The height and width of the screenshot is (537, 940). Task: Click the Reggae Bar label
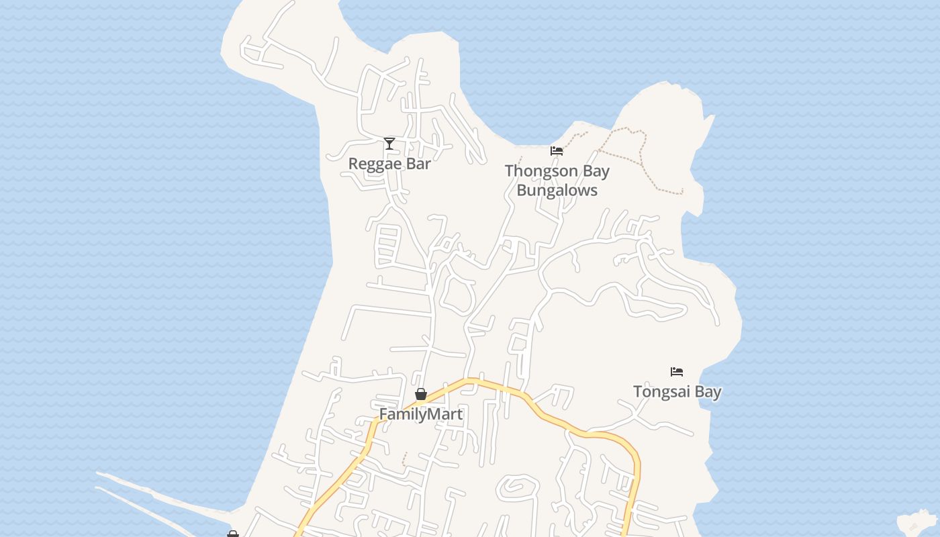(389, 164)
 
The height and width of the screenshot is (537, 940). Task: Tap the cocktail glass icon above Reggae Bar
(389, 143)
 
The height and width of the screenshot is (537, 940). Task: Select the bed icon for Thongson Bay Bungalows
(557, 150)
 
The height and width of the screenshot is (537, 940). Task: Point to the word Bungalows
(557, 191)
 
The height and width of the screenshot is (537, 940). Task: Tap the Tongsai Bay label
(677, 392)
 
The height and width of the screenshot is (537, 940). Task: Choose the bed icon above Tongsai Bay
(677, 371)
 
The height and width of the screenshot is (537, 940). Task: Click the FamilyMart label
(421, 414)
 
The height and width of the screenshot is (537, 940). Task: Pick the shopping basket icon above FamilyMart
(421, 394)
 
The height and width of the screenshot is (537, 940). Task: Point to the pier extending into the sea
(161, 497)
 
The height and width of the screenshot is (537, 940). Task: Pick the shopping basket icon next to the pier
(233, 534)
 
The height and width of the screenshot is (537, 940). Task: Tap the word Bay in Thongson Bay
(596, 171)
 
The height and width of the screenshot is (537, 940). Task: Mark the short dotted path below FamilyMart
(404, 459)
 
